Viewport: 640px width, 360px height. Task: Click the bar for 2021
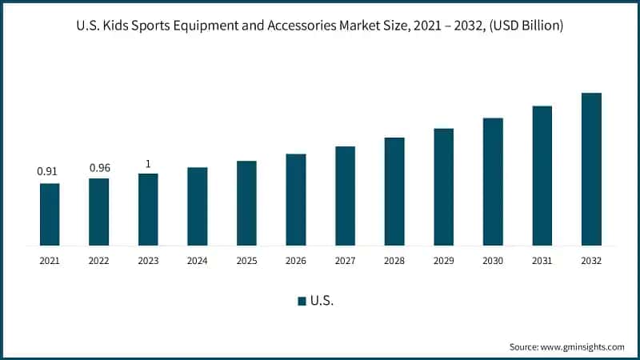[50, 214]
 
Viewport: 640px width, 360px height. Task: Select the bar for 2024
[197, 206]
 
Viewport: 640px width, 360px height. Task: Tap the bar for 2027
[345, 195]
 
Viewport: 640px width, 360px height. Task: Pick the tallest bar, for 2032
[591, 169]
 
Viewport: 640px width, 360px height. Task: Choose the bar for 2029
[443, 186]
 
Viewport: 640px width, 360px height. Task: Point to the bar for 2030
[493, 181]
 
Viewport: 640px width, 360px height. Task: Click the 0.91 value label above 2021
[47, 171]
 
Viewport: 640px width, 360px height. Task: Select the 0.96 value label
[99, 167]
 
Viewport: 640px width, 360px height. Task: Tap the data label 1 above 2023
[148, 164]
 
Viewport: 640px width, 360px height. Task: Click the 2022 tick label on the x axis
[99, 261]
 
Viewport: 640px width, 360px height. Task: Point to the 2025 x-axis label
[246, 261]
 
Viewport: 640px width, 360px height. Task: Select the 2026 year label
[296, 261]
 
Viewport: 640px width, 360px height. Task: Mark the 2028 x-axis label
[394, 261]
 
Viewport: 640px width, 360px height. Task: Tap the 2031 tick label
[542, 261]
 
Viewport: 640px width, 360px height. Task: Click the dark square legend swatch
[302, 301]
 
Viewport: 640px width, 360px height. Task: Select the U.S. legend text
[322, 301]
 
